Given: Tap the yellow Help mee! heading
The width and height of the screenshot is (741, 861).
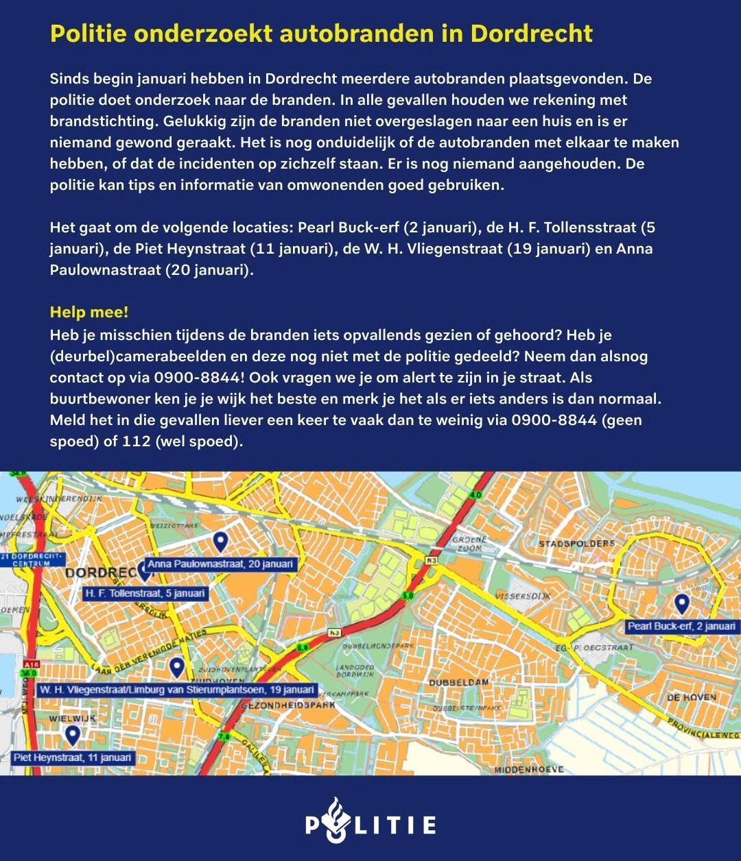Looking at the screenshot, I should click(89, 313).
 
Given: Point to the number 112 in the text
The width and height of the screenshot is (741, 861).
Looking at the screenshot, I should click(137, 441).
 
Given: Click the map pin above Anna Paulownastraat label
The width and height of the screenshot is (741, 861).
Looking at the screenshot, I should click(220, 542).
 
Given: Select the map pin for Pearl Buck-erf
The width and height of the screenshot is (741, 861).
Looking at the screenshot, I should click(681, 604).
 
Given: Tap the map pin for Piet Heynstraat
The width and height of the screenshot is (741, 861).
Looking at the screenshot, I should click(72, 736).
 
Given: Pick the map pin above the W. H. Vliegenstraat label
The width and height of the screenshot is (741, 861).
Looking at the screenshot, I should click(177, 666).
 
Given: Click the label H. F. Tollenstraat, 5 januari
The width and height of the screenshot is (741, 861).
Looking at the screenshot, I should click(145, 593).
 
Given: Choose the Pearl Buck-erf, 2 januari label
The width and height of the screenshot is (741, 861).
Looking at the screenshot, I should click(681, 626).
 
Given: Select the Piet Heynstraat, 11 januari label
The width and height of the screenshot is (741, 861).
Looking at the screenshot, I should click(73, 757).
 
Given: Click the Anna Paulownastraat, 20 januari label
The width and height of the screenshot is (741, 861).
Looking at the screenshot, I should click(220, 564).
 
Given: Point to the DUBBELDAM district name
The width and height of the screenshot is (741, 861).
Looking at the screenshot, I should click(458, 682).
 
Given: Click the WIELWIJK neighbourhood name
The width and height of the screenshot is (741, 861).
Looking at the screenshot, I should click(72, 718).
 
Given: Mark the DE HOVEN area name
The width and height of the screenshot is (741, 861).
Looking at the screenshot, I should click(691, 697).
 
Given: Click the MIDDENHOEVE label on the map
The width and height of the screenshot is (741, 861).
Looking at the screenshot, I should click(529, 769).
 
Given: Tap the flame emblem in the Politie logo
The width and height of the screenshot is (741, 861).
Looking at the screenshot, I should click(334, 819).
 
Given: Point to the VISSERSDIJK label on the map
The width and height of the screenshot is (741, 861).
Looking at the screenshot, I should click(524, 596).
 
